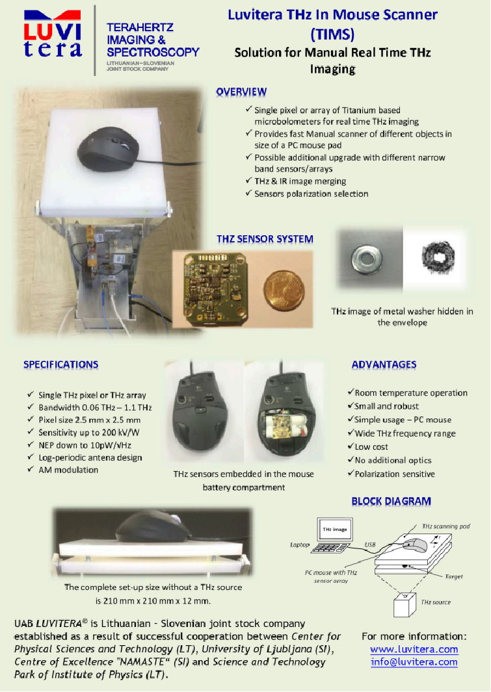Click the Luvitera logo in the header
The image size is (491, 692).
pyautogui.click(x=53, y=35)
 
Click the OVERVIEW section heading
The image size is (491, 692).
pyautogui.click(x=241, y=92)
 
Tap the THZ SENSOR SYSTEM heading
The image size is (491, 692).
pyautogui.click(x=265, y=239)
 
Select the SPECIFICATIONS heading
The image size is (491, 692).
pyautogui.click(x=61, y=365)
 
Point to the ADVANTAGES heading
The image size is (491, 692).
pyautogui.click(x=384, y=365)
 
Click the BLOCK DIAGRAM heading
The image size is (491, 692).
pyautogui.click(x=391, y=502)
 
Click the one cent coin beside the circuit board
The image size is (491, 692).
pyautogui.click(x=284, y=290)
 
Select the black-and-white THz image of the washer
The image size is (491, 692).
pyautogui.click(x=436, y=259)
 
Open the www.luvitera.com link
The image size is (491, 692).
pyautogui.click(x=414, y=649)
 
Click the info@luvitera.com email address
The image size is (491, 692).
pyautogui.click(x=414, y=662)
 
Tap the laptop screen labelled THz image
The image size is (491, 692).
pyautogui.click(x=335, y=530)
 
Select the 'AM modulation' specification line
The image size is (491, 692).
pyautogui.click(x=63, y=470)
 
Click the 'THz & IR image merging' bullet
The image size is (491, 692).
pyautogui.click(x=295, y=181)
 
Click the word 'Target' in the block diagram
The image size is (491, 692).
pyautogui.click(x=454, y=576)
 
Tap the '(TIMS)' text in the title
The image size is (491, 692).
pyautogui.click(x=332, y=34)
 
